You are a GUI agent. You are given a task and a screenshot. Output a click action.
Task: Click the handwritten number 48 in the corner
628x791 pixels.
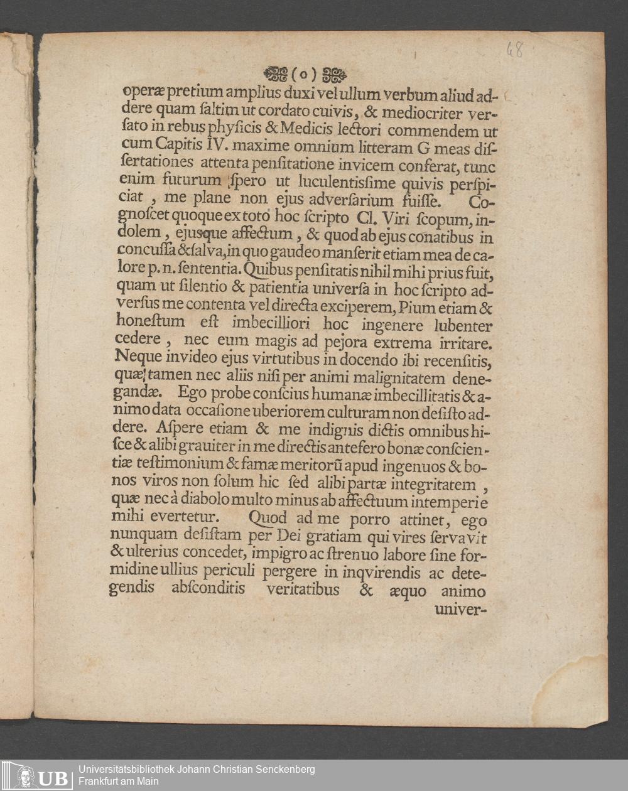click(x=515, y=50)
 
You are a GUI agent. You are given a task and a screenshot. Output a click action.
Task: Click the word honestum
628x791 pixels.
click(x=151, y=322)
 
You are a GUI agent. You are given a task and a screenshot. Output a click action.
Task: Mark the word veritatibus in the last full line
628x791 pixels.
click(x=303, y=590)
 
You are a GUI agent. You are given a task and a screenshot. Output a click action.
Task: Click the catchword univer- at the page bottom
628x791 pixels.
click(x=461, y=608)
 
